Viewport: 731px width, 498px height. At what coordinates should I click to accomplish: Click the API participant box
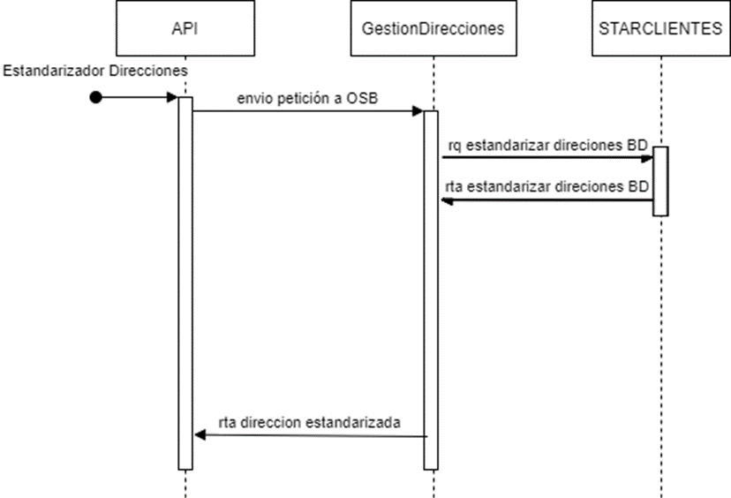185,28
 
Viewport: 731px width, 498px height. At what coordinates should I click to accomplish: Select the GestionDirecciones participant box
432,28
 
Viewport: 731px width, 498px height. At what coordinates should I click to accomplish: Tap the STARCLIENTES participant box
660,28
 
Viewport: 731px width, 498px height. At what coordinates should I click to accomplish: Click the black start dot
96,97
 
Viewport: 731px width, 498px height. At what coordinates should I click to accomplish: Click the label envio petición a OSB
306,97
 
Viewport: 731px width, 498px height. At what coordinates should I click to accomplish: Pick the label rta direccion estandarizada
310,422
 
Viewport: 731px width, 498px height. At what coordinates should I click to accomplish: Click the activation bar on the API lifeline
185,283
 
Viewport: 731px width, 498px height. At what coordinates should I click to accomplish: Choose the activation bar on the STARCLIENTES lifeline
660,181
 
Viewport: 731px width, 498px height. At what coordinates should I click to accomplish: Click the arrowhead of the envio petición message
418,111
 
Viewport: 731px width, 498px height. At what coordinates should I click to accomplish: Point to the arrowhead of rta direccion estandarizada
199,436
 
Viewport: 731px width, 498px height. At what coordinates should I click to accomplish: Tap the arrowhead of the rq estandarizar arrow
648,157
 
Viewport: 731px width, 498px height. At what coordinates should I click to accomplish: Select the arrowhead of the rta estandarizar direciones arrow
447,200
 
